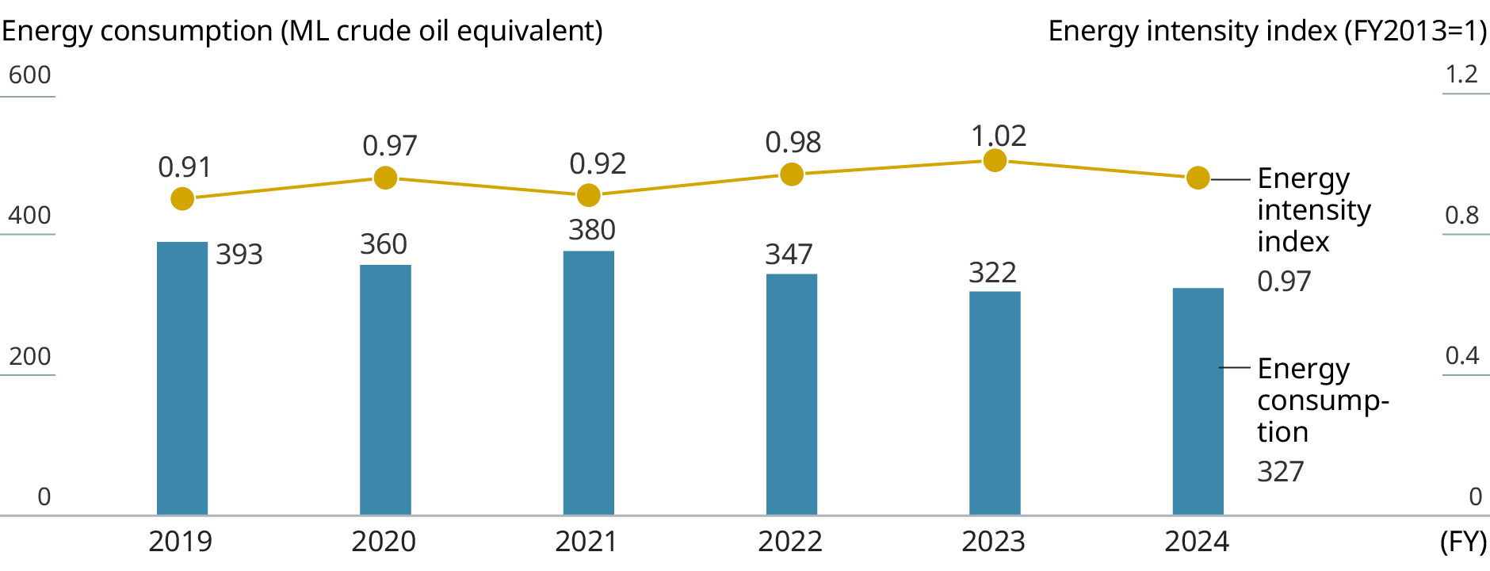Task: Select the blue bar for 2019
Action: pos(182,378)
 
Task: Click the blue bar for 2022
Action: pos(792,394)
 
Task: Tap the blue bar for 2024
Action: pos(1198,401)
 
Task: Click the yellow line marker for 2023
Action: pos(995,161)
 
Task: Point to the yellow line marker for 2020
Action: pos(385,178)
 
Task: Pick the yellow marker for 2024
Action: pos(1198,178)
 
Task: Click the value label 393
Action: pos(239,255)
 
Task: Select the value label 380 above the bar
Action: pos(592,230)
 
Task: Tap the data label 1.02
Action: pos(999,136)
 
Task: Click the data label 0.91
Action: pos(185,167)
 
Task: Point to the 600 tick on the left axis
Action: pos(29,75)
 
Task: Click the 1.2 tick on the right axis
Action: pos(1461,75)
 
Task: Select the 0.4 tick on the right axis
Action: pos(1461,355)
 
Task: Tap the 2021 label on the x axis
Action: pos(586,542)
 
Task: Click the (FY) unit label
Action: pos(1463,542)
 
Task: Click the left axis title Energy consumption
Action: pos(302,31)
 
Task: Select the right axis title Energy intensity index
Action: pos(1266,31)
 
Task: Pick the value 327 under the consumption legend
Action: pos(1280,472)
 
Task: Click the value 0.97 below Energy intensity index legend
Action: pos(1284,282)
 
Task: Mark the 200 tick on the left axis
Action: pos(29,356)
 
